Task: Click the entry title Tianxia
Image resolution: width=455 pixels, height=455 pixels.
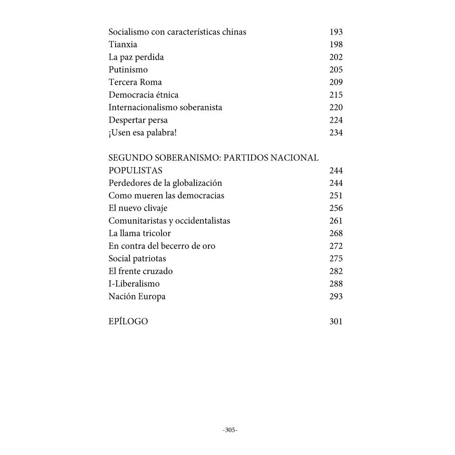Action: coord(123,45)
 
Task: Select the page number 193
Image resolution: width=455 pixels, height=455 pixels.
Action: coord(336,32)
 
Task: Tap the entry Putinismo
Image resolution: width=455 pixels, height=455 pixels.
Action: coord(128,70)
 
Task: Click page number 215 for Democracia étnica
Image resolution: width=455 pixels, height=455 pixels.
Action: coord(336,95)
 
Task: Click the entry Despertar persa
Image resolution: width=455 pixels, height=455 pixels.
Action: coord(138,120)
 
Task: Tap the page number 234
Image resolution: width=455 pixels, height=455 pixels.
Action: coord(336,133)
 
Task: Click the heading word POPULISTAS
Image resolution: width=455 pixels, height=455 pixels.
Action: coord(135,171)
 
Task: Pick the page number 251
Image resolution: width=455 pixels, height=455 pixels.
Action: coord(336,196)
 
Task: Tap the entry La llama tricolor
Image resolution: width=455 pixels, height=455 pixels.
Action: coord(139,233)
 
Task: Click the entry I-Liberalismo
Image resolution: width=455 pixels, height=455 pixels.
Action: coord(134,284)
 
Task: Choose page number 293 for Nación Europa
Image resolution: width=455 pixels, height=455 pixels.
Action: coord(336,297)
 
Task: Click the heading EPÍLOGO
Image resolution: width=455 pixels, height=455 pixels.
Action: coord(128,321)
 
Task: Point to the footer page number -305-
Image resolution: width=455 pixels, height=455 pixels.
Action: coord(230,430)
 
